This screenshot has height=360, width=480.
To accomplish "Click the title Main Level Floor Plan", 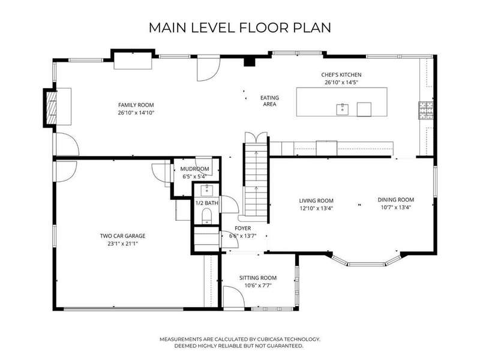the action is coord(239,28).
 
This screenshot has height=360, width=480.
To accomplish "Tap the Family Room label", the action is coord(136,105).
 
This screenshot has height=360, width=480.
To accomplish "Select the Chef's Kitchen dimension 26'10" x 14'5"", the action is coord(341,82).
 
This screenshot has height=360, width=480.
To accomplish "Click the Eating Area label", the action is coord(269,101).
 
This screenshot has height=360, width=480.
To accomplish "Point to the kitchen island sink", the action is coord(342,109).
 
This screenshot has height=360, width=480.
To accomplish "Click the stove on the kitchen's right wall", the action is coord(426,110).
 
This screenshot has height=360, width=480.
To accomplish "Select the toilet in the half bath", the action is coord(206,215).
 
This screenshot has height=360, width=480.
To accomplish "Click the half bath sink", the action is coord(207,190).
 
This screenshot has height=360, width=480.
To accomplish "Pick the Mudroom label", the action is coord(194,169).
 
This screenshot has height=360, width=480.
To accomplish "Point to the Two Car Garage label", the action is coord(123,236).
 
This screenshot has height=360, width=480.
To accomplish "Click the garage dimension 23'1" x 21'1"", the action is coord(123,244).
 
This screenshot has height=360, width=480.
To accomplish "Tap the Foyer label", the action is coord(243,229).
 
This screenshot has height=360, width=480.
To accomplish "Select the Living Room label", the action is coord(316,201).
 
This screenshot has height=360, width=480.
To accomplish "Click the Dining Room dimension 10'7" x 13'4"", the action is coord(396,208).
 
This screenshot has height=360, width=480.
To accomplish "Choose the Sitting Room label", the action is coord(258,278).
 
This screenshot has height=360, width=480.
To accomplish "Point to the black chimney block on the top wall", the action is coord(250,62).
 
